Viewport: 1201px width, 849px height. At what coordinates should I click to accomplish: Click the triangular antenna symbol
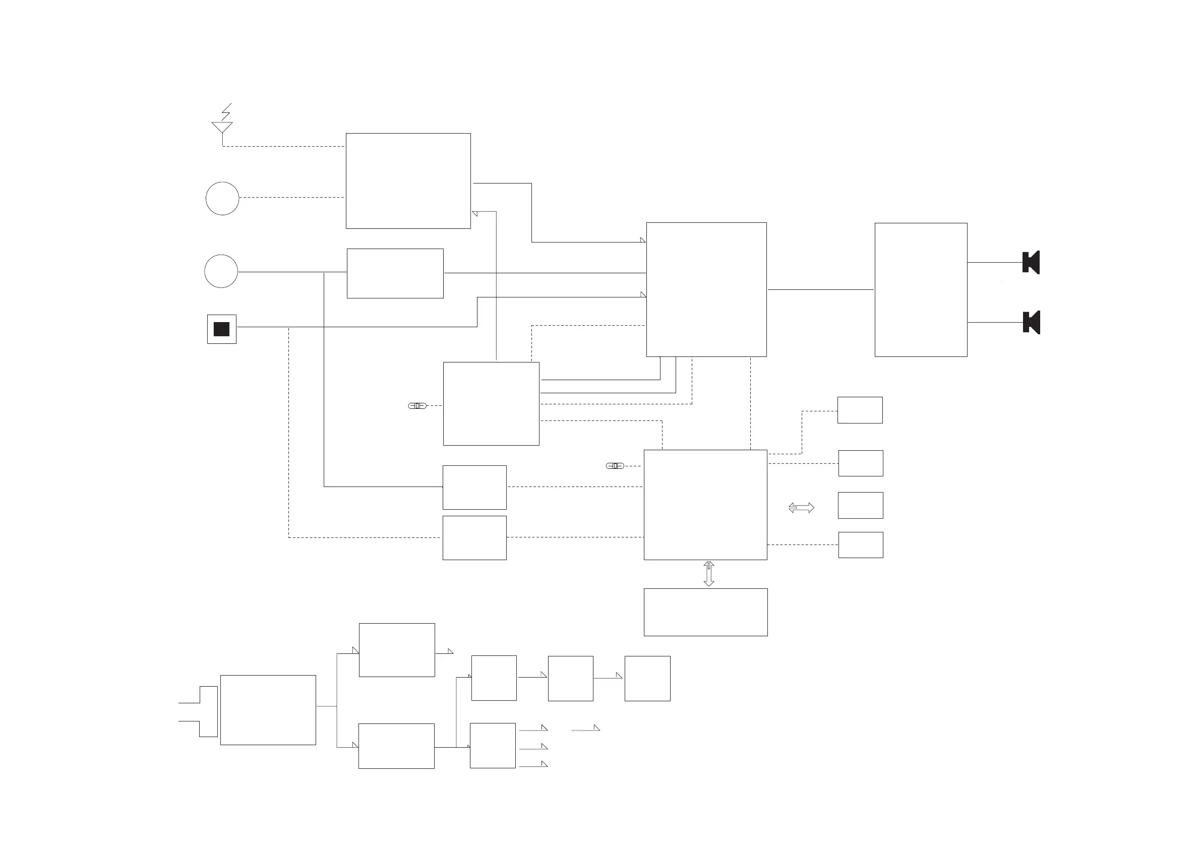click(222, 127)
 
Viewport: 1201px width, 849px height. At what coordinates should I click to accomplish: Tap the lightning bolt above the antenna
click(226, 111)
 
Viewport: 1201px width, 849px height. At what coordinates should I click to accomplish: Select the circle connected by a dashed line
click(222, 198)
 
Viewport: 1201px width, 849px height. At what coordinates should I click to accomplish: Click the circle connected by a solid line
click(221, 271)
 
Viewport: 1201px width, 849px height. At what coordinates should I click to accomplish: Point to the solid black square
click(222, 329)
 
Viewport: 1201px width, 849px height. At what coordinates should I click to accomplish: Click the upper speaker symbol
click(1031, 263)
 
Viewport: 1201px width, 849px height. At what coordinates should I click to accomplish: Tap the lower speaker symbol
click(1031, 322)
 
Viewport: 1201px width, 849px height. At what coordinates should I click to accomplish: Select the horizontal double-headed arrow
click(801, 507)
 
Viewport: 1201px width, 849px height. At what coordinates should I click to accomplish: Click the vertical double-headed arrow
click(709, 574)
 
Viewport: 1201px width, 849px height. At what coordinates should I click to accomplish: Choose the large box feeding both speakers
click(921, 290)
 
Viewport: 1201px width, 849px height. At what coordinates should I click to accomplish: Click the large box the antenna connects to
click(408, 181)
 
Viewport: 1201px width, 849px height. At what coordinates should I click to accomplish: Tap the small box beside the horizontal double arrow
click(861, 505)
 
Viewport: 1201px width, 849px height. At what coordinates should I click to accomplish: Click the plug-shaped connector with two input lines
click(208, 711)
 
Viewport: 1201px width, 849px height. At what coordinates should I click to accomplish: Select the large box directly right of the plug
click(268, 710)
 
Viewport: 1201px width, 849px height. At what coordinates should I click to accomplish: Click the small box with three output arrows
click(493, 746)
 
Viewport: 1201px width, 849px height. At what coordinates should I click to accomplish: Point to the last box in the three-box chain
click(647, 679)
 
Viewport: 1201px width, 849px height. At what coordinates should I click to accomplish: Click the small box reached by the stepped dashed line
click(860, 410)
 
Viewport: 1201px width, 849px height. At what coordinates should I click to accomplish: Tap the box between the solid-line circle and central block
click(395, 274)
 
